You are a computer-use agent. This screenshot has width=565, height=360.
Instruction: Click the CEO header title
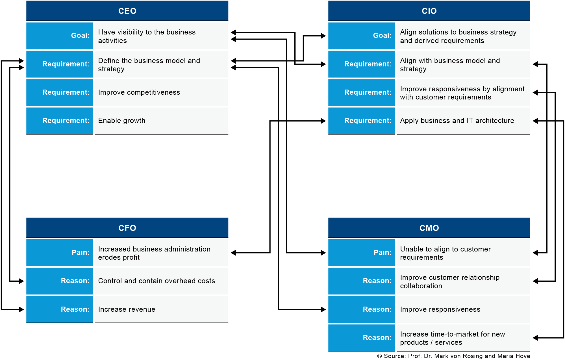tap(127, 11)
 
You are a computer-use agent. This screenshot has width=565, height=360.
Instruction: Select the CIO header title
tap(429, 11)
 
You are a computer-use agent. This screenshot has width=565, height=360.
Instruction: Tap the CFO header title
tap(127, 228)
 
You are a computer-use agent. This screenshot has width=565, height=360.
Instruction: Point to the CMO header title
tap(429, 228)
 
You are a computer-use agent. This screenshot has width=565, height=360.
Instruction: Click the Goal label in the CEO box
tap(80, 36)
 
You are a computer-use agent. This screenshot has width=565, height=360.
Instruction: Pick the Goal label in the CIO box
tap(382, 36)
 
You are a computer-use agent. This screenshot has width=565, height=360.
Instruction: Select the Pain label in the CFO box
tap(81, 253)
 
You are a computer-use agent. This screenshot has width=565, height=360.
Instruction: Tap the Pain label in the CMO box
tap(383, 253)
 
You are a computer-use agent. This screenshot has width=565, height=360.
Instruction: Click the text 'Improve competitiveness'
tap(139, 92)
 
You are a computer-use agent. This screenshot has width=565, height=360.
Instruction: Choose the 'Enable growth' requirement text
tap(122, 121)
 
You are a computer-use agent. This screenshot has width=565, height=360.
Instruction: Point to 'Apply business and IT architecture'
tap(457, 121)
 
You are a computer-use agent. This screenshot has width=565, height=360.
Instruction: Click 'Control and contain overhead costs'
tap(157, 281)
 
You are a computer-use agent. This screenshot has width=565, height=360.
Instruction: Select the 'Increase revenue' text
tap(127, 309)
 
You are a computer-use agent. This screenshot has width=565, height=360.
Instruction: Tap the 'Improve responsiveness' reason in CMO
tap(440, 309)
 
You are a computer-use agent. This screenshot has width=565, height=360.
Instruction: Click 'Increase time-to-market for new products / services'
tap(453, 338)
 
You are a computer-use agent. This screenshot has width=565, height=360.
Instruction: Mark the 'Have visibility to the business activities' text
tap(147, 36)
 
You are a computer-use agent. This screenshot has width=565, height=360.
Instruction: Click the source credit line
tap(454, 356)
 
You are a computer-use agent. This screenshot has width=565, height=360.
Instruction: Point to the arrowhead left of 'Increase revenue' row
tap(21, 309)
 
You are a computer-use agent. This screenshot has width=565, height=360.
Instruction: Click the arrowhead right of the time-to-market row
tap(535, 337)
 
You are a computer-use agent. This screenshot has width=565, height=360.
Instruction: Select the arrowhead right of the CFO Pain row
tap(233, 253)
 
